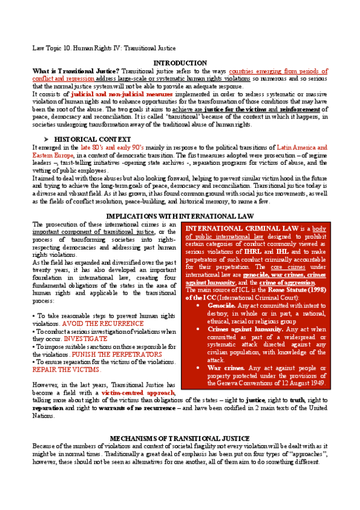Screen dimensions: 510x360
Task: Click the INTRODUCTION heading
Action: coord(180,63)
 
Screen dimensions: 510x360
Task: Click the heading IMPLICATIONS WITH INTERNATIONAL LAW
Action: coord(180,216)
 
